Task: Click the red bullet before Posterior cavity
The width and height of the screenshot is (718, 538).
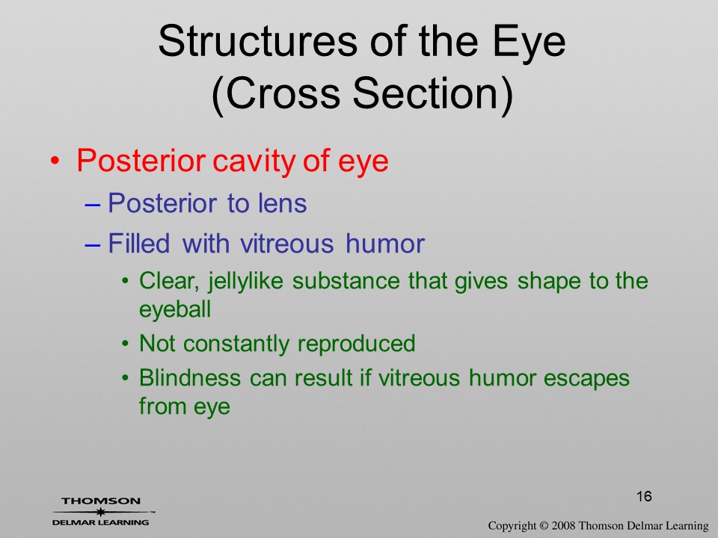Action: [55, 161]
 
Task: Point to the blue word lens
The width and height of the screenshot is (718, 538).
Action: [282, 203]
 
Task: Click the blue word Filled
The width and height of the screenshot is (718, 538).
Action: [139, 243]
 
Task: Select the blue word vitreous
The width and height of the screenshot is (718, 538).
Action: [286, 244]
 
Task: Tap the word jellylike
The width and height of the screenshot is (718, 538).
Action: [245, 281]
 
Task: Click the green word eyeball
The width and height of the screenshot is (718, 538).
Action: [175, 309]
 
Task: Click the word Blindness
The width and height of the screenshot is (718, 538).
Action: [189, 378]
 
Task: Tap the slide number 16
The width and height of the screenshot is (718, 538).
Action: [644, 496]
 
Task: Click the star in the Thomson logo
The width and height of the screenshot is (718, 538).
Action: [101, 512]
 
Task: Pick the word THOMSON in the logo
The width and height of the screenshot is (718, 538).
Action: [101, 501]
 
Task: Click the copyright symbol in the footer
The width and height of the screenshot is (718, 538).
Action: [544, 525]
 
